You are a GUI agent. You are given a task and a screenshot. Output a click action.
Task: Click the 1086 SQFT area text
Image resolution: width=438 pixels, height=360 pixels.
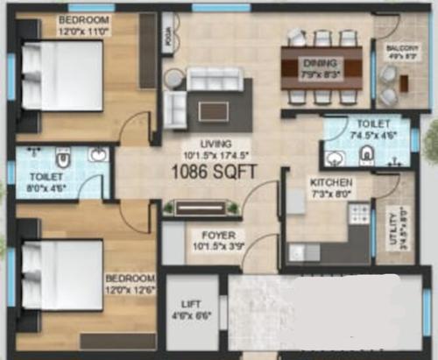[214, 172]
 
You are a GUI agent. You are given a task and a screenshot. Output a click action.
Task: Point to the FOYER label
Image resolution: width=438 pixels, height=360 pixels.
[217, 235]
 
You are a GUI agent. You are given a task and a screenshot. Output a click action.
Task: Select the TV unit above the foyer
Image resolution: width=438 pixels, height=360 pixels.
[201, 208]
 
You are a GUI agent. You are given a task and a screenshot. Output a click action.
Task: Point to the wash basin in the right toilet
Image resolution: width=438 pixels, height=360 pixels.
[335, 159]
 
